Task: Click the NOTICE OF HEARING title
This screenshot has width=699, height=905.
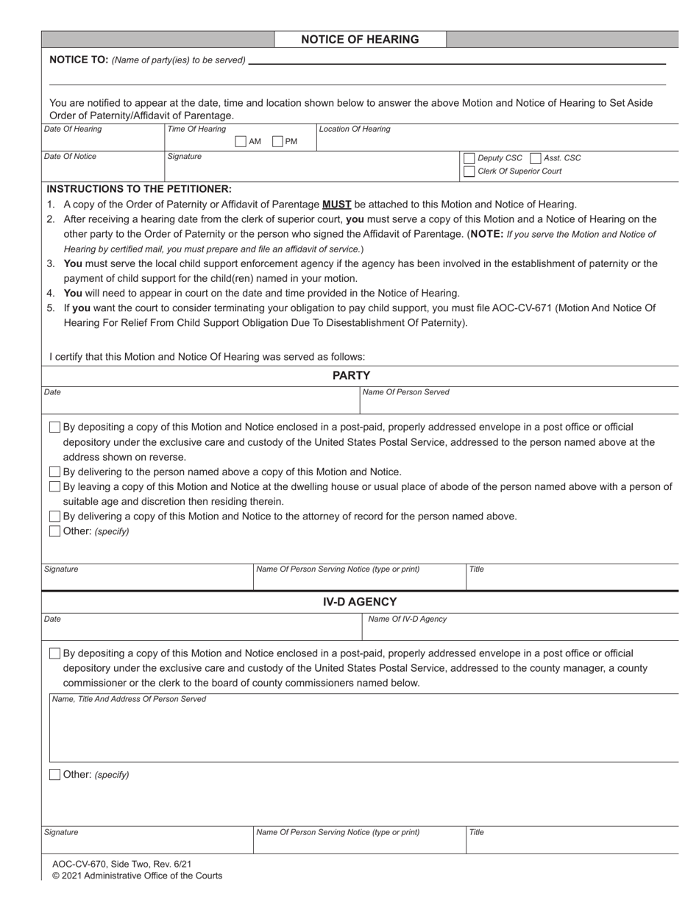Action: pos(360,40)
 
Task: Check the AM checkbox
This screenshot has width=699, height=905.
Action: pos(241,142)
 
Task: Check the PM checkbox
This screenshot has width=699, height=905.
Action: pos(277,142)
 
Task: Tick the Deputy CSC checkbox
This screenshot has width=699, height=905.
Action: pos(469,158)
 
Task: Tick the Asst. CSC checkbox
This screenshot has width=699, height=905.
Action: pos(535,158)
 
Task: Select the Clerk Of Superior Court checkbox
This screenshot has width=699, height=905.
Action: pos(469,171)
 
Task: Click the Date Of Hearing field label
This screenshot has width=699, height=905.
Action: pos(73,129)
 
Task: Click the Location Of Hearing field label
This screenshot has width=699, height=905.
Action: pos(355,129)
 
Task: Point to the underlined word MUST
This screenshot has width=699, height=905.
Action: pos(336,205)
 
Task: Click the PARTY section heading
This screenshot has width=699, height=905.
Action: pos(351,376)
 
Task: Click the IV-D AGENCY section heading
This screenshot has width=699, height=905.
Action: pos(360,602)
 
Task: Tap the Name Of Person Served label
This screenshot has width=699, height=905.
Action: pos(405,392)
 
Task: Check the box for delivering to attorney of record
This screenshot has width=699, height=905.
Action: pos(54,517)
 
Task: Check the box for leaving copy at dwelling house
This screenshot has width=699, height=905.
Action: pos(54,487)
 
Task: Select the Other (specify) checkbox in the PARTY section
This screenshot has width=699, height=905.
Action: pos(54,531)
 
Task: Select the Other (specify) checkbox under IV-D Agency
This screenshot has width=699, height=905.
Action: pos(54,775)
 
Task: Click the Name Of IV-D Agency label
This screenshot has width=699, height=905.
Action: pos(407,620)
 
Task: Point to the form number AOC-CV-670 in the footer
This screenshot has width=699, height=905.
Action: pos(81,865)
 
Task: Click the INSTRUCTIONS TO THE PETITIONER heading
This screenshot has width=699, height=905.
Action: pos(139,189)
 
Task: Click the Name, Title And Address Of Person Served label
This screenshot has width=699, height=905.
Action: pos(129,699)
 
